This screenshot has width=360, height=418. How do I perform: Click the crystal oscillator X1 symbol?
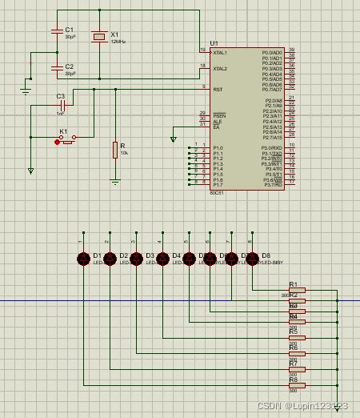tap(98, 37)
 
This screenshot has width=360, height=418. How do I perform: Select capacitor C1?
tap(57, 32)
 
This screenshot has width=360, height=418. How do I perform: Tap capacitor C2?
tap(57, 69)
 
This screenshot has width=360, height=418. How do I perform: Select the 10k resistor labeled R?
tap(115, 150)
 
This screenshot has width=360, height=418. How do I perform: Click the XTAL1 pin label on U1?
tap(220, 53)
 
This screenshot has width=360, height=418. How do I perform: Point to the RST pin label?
tap(218, 90)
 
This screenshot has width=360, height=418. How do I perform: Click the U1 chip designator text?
tap(214, 43)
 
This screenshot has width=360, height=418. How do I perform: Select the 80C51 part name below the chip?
tap(217, 193)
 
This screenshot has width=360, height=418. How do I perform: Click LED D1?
tap(82, 258)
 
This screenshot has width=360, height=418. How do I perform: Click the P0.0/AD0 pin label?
tap(271, 53)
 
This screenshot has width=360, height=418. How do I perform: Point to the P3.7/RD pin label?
tap(272, 185)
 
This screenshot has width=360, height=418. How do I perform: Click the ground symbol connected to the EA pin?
tap(174, 139)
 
